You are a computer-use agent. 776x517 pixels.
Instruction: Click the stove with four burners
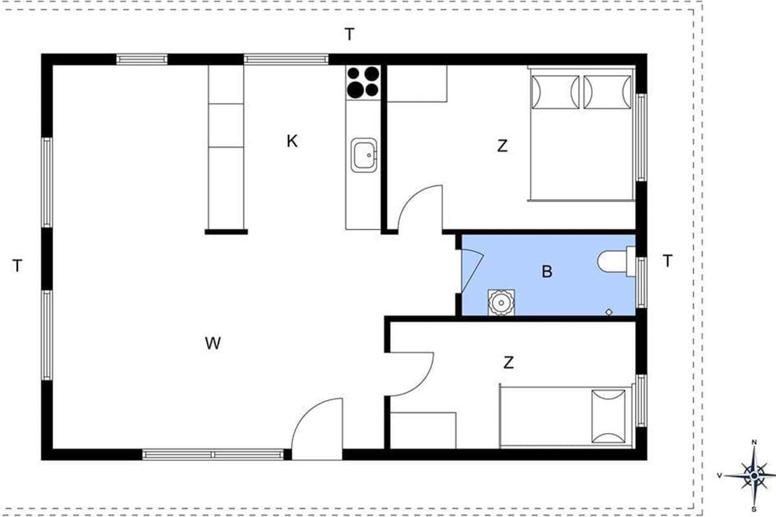(x=363, y=82)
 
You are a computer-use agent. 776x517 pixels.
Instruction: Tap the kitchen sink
(x=363, y=155)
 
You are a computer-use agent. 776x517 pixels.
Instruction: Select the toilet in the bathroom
(x=616, y=262)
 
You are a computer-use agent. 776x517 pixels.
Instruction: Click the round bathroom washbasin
(x=501, y=302)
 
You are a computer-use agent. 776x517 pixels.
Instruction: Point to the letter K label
(x=292, y=142)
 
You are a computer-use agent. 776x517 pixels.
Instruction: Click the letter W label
(x=212, y=343)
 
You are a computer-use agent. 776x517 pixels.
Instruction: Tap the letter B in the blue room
(x=547, y=271)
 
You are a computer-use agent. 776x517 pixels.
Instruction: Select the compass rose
(x=754, y=476)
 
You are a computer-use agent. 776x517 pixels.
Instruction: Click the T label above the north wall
(x=350, y=34)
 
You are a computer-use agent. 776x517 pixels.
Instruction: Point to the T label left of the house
(x=17, y=266)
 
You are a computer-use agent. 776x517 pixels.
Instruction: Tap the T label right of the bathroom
(x=667, y=260)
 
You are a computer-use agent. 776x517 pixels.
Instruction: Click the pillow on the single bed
(x=609, y=416)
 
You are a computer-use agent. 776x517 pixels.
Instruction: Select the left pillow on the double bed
(x=555, y=92)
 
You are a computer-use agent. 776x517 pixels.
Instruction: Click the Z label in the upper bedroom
(x=502, y=146)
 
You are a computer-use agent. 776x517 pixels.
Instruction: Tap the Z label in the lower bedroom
(x=508, y=363)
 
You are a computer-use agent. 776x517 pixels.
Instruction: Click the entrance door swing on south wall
(x=317, y=428)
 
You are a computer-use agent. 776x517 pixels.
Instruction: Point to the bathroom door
(x=473, y=270)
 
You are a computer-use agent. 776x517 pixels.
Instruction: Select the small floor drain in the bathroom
(x=609, y=312)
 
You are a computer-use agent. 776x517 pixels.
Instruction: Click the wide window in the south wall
(x=213, y=454)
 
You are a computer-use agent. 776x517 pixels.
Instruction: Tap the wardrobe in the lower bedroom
(x=423, y=430)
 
